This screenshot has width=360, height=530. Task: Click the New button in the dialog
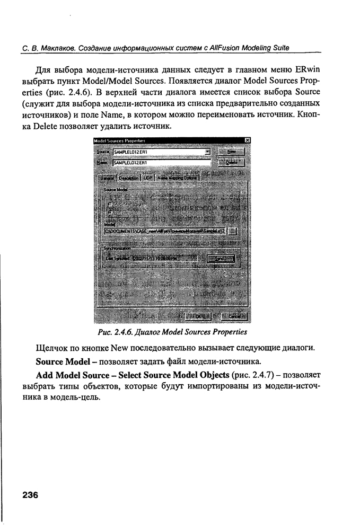[232, 151]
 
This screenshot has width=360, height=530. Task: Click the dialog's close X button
[247, 140]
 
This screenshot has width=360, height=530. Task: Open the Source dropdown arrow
[207, 151]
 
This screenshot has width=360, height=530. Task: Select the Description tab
[129, 178]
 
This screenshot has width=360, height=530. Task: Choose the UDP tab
[147, 178]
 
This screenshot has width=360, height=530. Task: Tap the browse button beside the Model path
[234, 231]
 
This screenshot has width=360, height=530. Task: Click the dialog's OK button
[199, 316]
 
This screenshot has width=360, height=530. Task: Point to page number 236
[30, 495]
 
